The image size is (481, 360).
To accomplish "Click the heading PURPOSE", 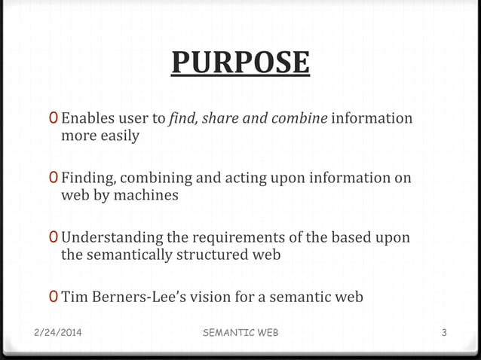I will pyautogui.click(x=240, y=63).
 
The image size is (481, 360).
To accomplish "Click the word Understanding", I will pyautogui.click(x=114, y=238).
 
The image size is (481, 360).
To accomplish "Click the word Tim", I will pyautogui.click(x=74, y=297).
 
